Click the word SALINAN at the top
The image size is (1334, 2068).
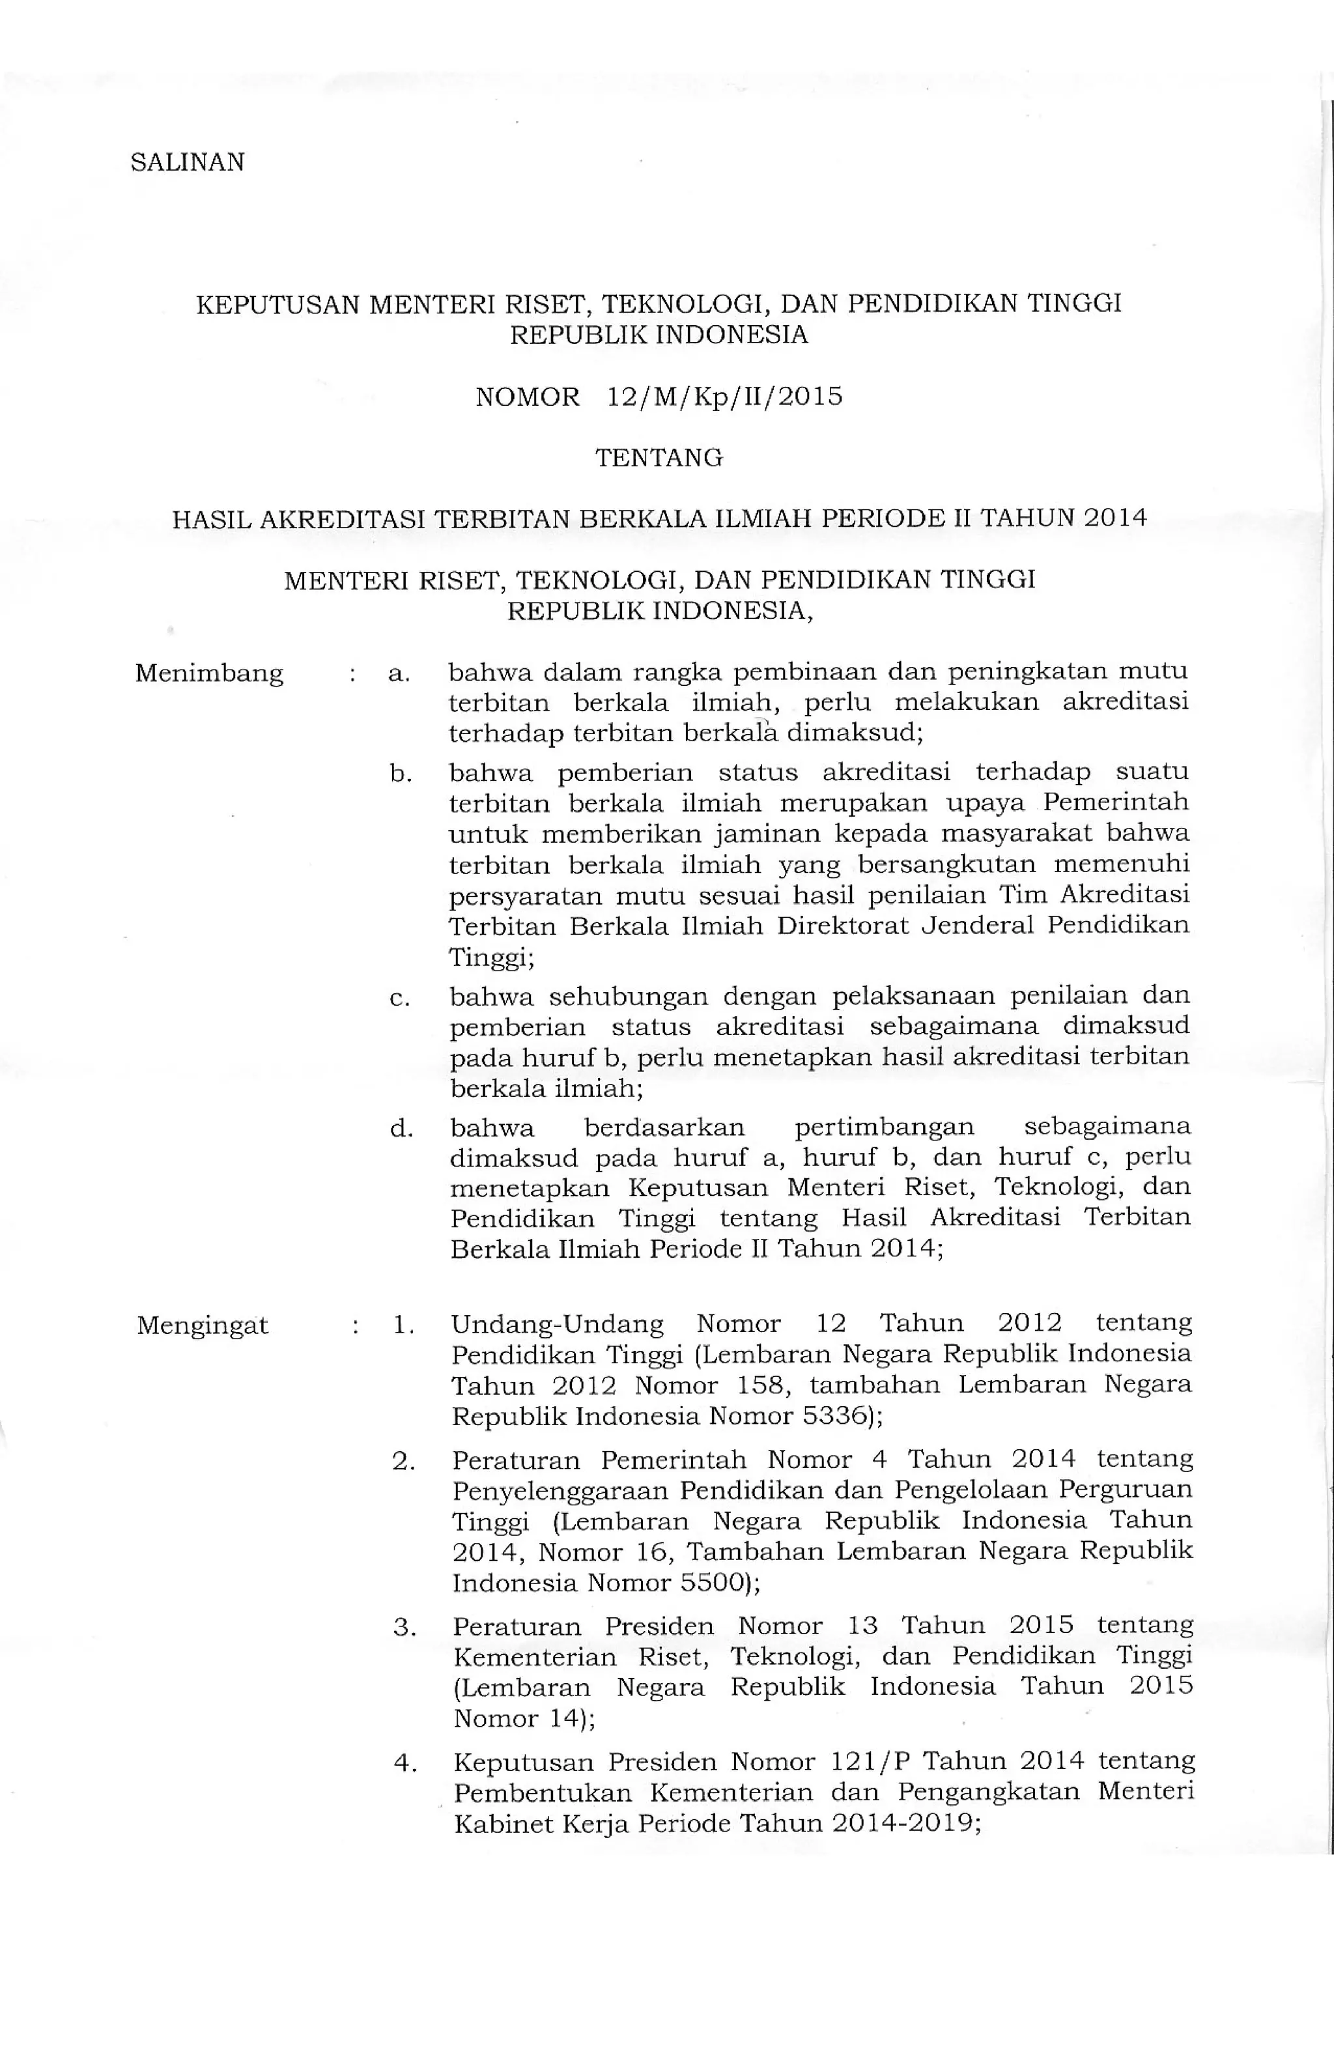tap(187, 163)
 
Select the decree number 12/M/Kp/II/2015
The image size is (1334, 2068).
tap(724, 397)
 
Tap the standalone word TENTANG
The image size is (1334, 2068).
tap(659, 458)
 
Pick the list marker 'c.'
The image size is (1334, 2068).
tap(399, 999)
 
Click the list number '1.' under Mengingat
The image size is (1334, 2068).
tap(403, 1325)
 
